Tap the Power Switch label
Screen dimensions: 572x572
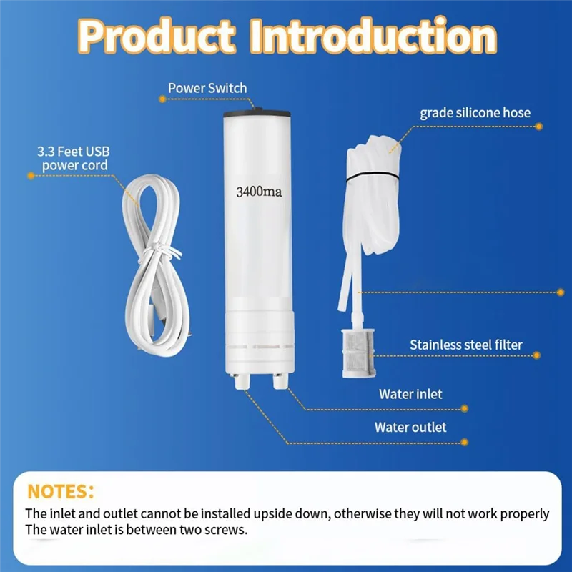[207, 88]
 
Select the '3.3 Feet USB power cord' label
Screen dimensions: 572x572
[73, 158]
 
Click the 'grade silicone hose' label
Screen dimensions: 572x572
[475, 112]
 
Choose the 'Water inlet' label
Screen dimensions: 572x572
[410, 394]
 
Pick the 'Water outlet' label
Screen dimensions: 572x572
[410, 427]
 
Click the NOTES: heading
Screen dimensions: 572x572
[61, 491]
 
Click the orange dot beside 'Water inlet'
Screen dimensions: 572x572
[465, 408]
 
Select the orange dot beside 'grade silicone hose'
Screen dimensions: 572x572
[538, 127]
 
